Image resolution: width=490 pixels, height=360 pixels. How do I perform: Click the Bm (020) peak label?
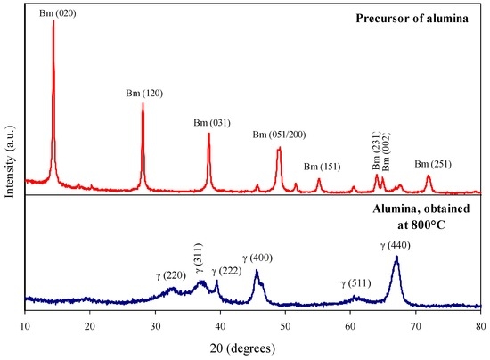pos(54,14)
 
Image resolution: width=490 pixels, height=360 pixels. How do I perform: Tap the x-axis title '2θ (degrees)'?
pos(252,347)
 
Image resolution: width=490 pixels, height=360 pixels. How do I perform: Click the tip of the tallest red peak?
pos(53,21)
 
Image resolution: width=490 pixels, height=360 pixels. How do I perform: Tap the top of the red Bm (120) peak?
pos(143,103)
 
